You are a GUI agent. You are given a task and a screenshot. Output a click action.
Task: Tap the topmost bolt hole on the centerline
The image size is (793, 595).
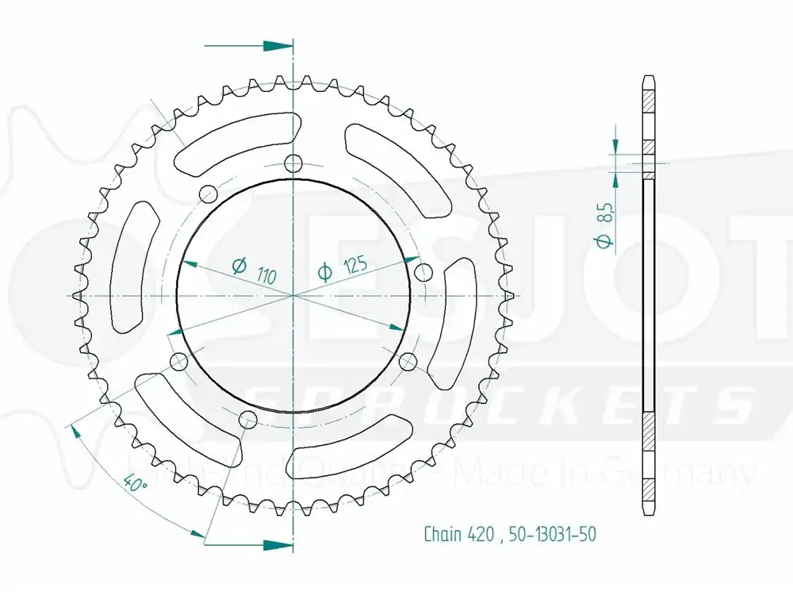pyautogui.click(x=294, y=165)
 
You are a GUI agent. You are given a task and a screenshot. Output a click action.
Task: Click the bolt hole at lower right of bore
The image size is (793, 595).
pyautogui.click(x=408, y=363)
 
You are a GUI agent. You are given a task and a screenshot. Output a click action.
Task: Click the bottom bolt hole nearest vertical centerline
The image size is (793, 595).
pyautogui.click(x=248, y=419)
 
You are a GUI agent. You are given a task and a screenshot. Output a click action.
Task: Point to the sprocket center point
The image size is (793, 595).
pyautogui.click(x=294, y=296)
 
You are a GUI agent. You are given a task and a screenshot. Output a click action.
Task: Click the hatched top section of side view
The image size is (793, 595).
pyautogui.click(x=648, y=99)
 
